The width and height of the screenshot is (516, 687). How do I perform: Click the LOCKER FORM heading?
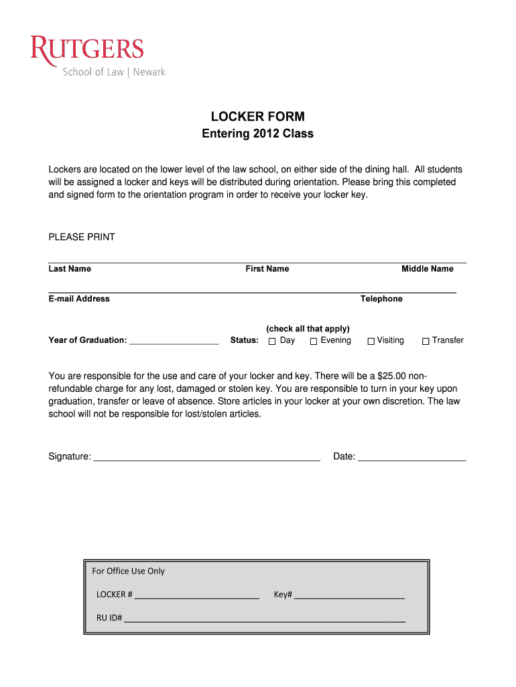click(257, 117)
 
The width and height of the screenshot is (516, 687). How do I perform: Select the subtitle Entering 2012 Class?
click(257, 134)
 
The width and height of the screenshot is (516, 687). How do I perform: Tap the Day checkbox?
click(272, 341)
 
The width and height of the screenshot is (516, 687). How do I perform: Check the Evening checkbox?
click(313, 341)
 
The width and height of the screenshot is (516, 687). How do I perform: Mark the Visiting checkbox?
click(371, 341)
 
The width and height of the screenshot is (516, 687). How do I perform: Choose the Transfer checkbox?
click(425, 341)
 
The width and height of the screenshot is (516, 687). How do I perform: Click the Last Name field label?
click(70, 269)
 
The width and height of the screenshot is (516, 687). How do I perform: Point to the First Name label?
click(267, 269)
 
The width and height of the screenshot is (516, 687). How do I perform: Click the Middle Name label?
click(427, 269)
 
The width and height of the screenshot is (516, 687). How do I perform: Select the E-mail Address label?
click(79, 299)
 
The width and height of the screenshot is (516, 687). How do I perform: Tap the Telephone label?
click(381, 299)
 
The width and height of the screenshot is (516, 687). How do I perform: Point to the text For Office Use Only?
click(128, 571)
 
